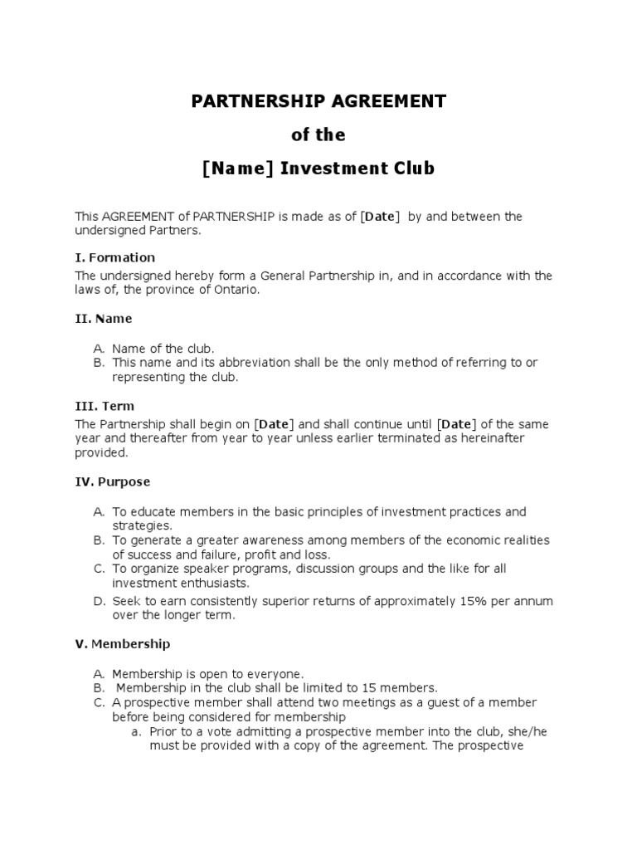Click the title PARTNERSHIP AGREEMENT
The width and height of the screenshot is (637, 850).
coord(318,101)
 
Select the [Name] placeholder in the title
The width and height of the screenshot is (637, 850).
coord(238,169)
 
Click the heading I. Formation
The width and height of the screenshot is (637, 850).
coord(115,257)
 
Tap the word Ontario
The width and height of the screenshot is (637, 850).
coord(236,290)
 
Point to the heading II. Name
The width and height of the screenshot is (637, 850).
coord(104,318)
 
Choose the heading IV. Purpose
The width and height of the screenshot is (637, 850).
coord(113,481)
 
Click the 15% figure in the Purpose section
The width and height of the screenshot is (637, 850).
coord(467,601)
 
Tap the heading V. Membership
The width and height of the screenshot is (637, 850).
coord(123,643)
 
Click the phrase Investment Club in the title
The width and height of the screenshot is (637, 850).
coord(357,169)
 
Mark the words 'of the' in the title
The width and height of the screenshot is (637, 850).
coord(318,134)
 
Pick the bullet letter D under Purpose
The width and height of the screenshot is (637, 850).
coord(99,601)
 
